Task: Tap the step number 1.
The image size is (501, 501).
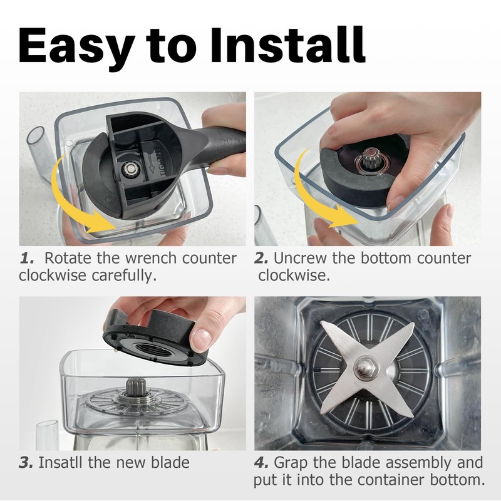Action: coord(26,258)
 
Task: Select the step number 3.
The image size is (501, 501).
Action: coord(26,463)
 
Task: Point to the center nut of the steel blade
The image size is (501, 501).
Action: coord(366,364)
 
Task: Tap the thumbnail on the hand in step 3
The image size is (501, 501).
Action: coord(202,338)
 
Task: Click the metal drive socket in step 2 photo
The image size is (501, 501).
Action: coord(371,159)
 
